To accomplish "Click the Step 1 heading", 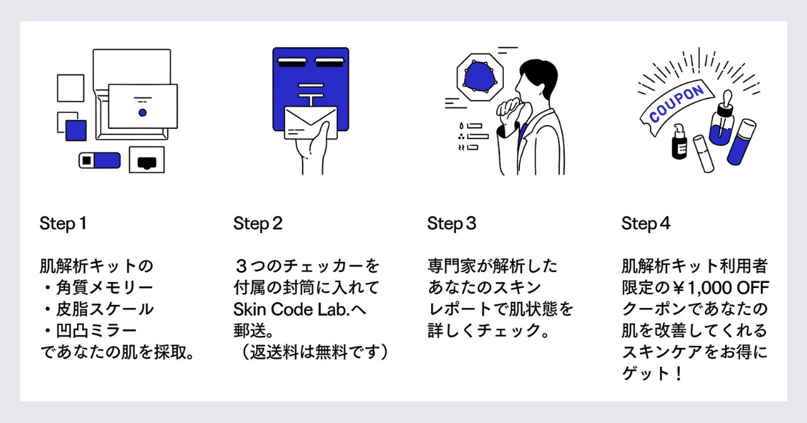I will coord(62,223).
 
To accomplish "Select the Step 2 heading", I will coord(258,223).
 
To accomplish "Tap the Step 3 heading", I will coord(451,223).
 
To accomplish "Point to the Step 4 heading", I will coord(646,223).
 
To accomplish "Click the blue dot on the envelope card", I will coord(142,112).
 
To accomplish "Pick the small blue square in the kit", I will coord(76,130).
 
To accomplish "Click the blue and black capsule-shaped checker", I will coord(99,160).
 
